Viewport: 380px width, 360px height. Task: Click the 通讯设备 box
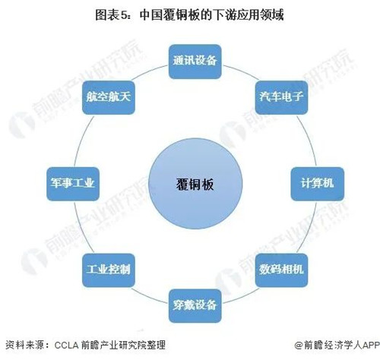(x=195, y=62)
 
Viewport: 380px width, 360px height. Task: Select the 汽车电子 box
(x=281, y=97)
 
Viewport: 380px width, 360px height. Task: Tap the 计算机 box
(x=317, y=184)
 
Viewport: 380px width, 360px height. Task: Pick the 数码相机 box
(x=281, y=270)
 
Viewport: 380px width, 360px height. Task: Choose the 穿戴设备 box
(x=195, y=306)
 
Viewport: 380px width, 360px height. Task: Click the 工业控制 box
(x=109, y=270)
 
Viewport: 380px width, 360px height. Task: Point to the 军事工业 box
(x=73, y=184)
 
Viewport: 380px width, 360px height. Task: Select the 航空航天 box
(x=109, y=97)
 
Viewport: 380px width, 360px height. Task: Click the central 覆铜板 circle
(x=195, y=184)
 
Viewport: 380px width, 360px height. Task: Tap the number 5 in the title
(x=124, y=16)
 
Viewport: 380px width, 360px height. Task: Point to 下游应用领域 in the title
(x=249, y=15)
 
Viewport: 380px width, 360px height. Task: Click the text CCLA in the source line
(x=66, y=345)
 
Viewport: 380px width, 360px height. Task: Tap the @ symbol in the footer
(x=299, y=345)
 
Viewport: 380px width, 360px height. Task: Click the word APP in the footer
(x=371, y=345)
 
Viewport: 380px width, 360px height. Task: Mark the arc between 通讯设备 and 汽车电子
(x=241, y=71)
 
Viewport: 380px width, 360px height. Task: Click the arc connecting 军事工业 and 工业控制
(x=81, y=229)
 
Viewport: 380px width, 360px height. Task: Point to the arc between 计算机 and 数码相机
(x=309, y=229)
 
